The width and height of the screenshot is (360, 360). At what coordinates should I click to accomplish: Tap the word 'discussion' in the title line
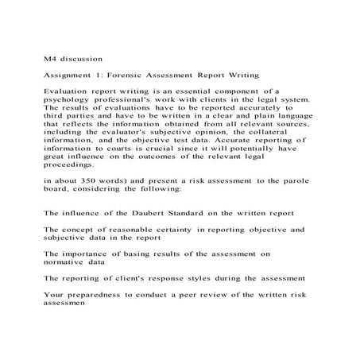[x=83, y=58]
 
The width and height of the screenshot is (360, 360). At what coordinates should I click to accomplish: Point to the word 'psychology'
[x=69, y=101]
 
